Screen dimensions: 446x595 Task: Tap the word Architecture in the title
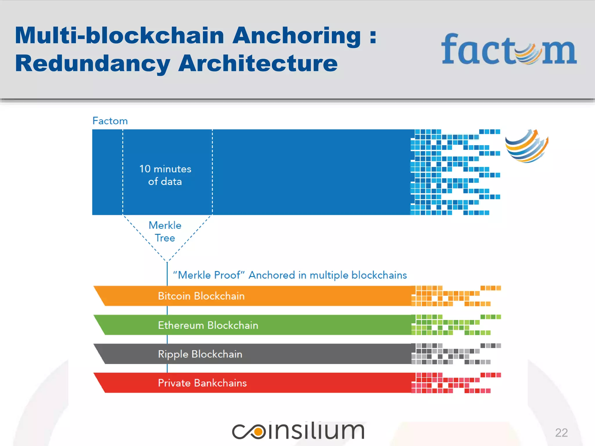pos(258,63)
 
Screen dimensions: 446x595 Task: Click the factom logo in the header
pos(509,49)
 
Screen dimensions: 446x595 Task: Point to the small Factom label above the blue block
pos(110,121)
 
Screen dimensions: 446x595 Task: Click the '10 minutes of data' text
pos(165,175)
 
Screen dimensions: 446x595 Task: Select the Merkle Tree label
pos(165,232)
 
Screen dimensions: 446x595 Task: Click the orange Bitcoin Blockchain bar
pos(253,296)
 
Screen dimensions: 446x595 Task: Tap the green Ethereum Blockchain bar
pos(253,325)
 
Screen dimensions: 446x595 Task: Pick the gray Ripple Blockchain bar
pos(253,354)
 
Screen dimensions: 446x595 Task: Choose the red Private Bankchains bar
pos(253,383)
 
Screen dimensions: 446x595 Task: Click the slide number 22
pos(561,433)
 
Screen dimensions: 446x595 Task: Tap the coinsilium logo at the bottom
pos(298,431)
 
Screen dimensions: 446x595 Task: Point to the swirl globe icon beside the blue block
pos(526,146)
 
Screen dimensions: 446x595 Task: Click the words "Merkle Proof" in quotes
pos(209,275)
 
